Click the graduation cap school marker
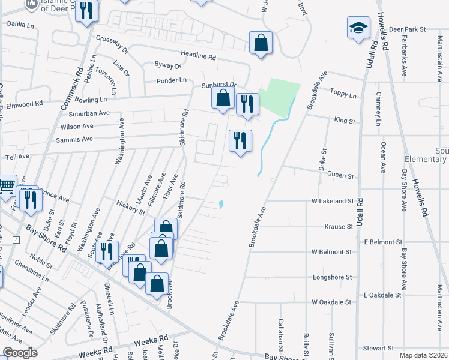[x=358, y=28]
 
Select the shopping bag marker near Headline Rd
[x=261, y=43]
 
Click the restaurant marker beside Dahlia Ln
[x=87, y=11]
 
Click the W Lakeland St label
[x=332, y=201]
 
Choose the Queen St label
[x=340, y=176]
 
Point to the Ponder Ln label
[x=172, y=80]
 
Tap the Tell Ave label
[x=17, y=156]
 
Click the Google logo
[x=20, y=353]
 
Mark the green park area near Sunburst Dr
[x=279, y=96]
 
